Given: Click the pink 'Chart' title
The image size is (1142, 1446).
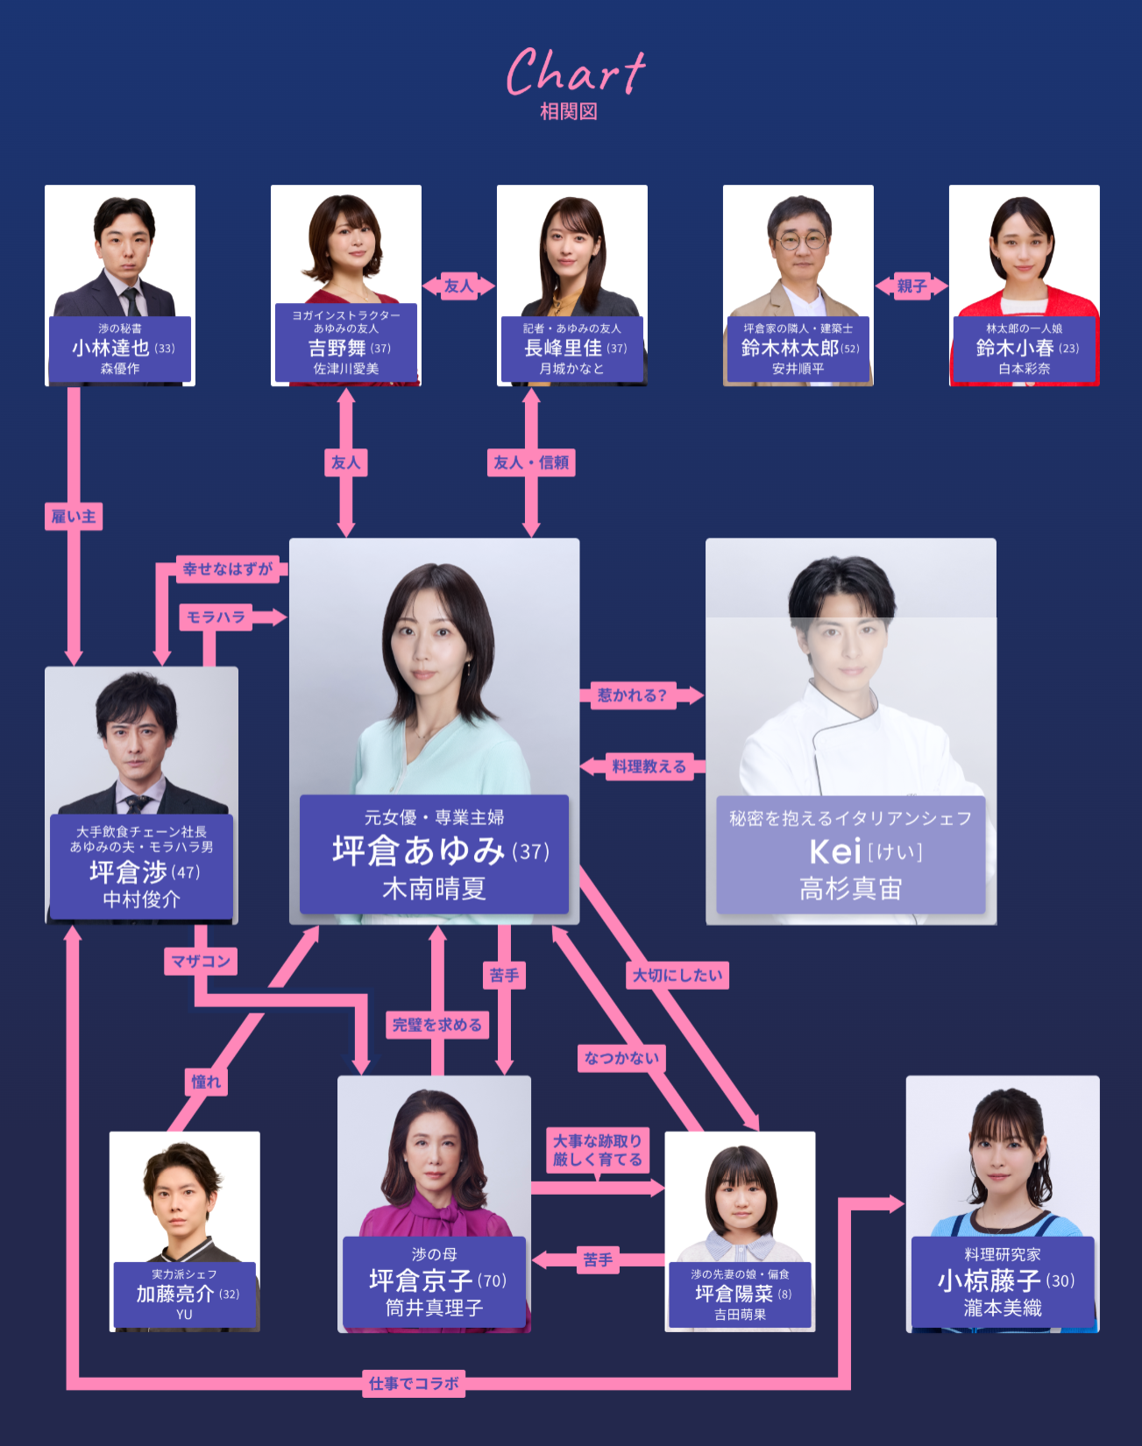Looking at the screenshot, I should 575,73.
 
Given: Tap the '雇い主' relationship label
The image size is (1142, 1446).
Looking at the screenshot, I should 74,517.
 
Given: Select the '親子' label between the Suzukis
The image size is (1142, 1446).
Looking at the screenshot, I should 911,286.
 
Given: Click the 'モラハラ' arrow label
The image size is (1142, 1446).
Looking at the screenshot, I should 216,617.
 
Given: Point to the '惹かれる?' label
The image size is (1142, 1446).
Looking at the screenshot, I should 632,695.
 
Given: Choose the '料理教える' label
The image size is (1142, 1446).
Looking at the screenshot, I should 649,766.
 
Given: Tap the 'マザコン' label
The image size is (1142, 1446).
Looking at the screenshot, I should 201,961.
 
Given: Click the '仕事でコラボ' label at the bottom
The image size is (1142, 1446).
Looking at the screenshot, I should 414,1384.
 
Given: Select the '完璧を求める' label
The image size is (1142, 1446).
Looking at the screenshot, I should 436,1025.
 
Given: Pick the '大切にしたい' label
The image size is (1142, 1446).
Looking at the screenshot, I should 677,975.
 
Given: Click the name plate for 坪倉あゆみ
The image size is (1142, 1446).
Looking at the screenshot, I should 434,854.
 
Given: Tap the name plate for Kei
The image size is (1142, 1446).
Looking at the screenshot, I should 850,854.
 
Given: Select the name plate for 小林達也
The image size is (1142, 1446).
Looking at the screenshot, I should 120,349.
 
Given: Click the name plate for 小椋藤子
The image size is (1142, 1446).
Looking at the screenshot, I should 1003,1281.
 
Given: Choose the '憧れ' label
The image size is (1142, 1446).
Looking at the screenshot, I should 206,1082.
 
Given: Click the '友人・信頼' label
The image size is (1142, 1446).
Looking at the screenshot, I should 531,462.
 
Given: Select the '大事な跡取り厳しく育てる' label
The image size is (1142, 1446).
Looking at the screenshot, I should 598,1150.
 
